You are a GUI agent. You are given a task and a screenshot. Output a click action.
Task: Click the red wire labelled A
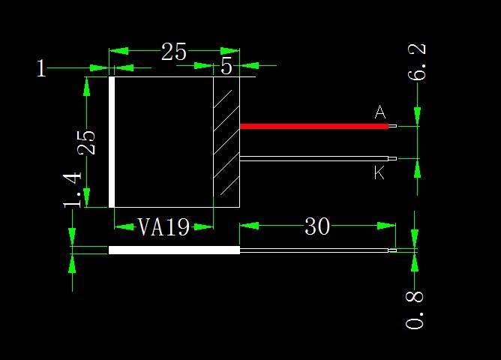pos(313,126)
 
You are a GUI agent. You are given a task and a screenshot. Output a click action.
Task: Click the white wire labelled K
pos(313,158)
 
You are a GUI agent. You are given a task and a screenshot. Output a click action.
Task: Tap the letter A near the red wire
pos(380,112)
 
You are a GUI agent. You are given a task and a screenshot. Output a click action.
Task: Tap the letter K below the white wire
pos(379,173)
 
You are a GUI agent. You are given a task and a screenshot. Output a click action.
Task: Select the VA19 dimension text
pos(164,227)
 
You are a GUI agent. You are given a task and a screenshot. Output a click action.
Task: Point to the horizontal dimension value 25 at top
pos(174,52)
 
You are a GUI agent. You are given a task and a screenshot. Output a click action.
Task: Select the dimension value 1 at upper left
pos(41,69)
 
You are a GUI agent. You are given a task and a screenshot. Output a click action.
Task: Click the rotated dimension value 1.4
pos(73,189)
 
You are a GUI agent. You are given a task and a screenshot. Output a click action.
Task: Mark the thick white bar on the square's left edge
pos(112,142)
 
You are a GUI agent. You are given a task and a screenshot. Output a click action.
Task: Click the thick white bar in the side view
pos(174,250)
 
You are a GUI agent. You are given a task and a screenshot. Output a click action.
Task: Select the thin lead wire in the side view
pos(313,250)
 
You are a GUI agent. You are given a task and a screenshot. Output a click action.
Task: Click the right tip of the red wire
pos(392,126)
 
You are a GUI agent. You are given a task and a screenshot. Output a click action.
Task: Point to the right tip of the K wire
pos(392,158)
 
